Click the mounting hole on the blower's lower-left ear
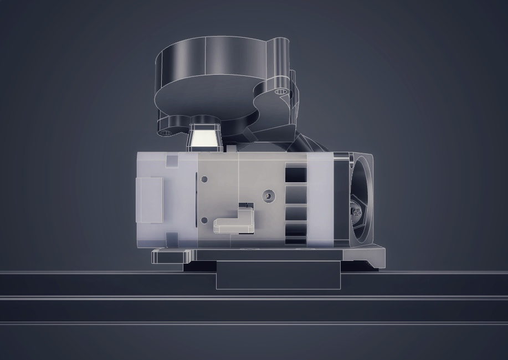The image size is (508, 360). [165, 132]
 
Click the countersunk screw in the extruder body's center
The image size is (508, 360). [269, 195]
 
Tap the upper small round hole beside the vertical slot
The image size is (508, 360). [204, 179]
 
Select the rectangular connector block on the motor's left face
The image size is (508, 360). [149, 199]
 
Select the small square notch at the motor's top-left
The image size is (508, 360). [172, 161]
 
